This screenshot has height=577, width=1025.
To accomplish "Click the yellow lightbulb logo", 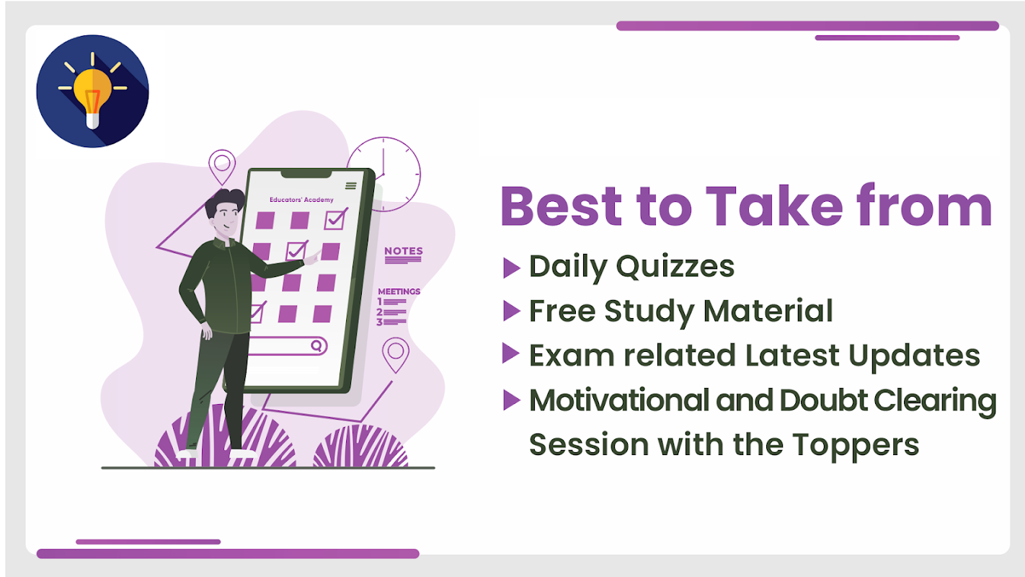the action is [x=92, y=91].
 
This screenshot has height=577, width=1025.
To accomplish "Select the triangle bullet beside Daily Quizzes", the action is [x=512, y=268].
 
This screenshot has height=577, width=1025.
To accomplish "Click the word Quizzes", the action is [x=675, y=267].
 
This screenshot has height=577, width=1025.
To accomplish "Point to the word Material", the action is [x=768, y=311].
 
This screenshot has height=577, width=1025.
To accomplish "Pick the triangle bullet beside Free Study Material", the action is [x=512, y=311].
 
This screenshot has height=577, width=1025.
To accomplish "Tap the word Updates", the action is [x=914, y=356].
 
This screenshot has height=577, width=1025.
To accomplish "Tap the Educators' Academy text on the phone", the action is [x=301, y=200].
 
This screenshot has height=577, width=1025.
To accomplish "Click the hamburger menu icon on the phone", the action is [x=351, y=185].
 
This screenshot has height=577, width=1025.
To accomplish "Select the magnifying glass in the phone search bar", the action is [x=316, y=345].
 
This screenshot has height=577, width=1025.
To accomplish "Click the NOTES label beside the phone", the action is [x=403, y=251].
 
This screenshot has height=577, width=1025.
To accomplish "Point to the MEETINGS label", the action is [x=399, y=291].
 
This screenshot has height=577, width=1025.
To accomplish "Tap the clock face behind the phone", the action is [x=383, y=174].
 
